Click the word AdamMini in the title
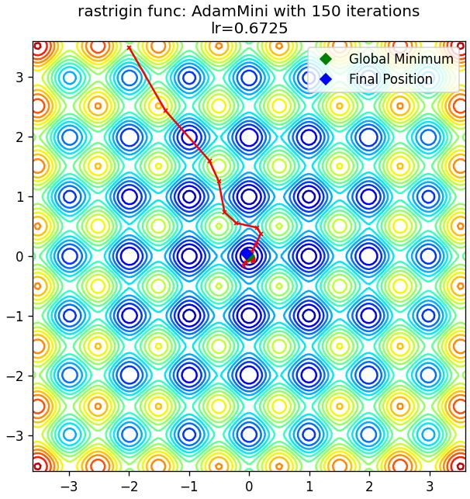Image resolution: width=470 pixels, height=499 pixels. (x=230, y=12)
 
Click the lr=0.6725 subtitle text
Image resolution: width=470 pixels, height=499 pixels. (x=250, y=28)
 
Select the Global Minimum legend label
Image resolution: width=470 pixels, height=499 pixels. (x=401, y=59)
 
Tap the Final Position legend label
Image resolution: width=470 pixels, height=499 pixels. (x=391, y=79)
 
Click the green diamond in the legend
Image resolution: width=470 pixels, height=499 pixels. (x=326, y=59)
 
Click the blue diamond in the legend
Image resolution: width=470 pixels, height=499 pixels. (x=326, y=79)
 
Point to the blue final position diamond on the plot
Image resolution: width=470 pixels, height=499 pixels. (x=247, y=255)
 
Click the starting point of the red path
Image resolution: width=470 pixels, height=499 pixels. (x=129, y=48)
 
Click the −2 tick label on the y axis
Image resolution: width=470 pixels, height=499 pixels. (x=15, y=376)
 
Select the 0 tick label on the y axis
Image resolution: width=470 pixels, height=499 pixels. (x=19, y=257)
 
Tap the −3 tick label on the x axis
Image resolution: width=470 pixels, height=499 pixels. (x=70, y=487)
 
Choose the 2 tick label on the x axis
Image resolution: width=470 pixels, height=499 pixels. (x=369, y=487)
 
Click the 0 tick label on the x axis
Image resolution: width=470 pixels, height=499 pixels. (x=249, y=487)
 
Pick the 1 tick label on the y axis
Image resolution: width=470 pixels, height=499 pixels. (x=19, y=196)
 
